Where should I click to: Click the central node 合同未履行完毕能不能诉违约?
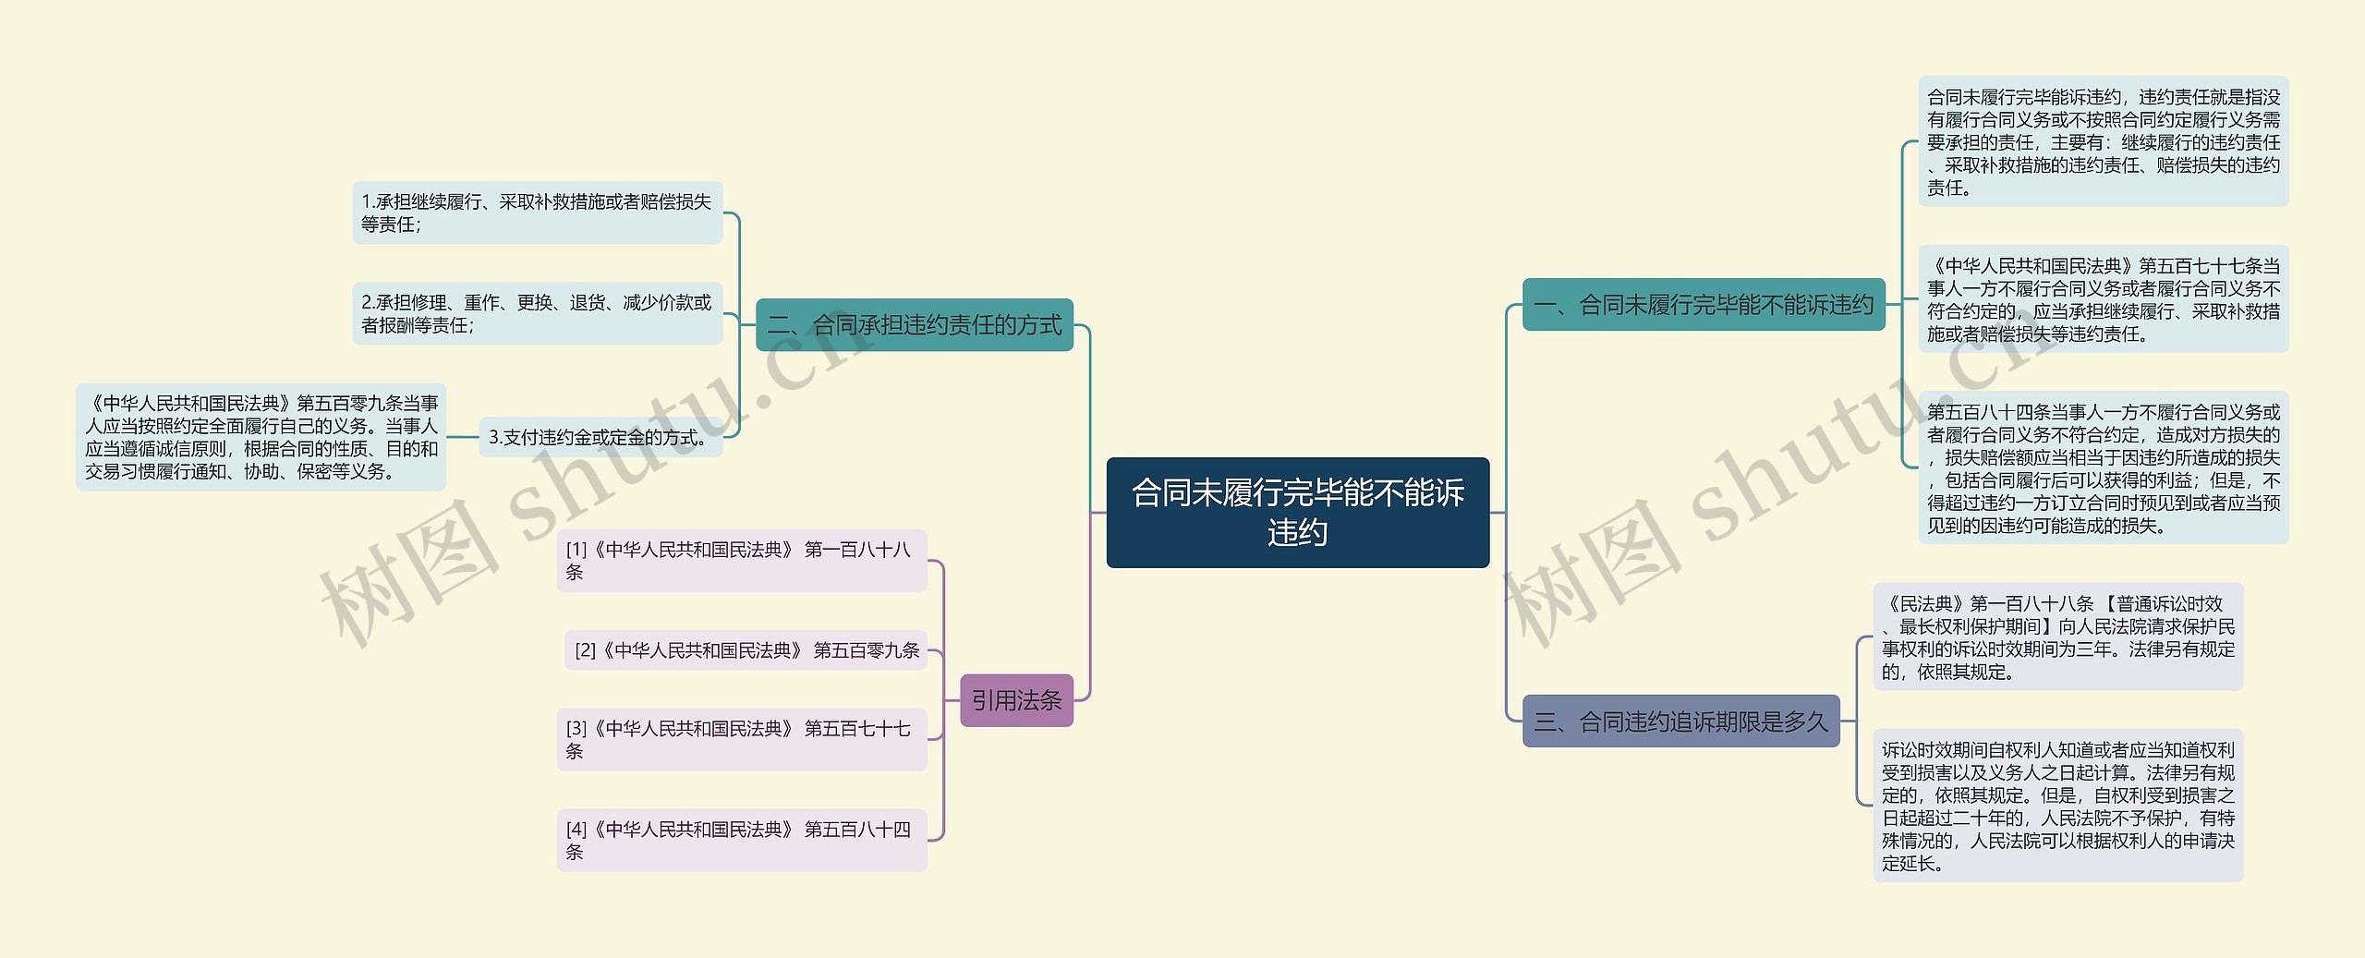pyautogui.click(x=1297, y=512)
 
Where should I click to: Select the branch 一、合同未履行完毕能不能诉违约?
pyautogui.click(x=1703, y=304)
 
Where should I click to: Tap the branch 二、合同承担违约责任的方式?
pyautogui.click(x=914, y=324)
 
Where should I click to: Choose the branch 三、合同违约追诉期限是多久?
pyautogui.click(x=1680, y=721)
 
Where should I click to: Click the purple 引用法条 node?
pyautogui.click(x=1015, y=700)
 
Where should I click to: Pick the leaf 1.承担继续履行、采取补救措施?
pyautogui.click(x=537, y=212)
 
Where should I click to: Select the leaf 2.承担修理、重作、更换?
pyautogui.click(x=537, y=313)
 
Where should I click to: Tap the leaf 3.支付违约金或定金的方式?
pyautogui.click(x=600, y=437)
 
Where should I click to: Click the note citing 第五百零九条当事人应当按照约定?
pyautogui.click(x=261, y=437)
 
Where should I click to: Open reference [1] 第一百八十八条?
pyautogui.click(x=741, y=561)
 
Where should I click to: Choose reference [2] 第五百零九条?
pyautogui.click(x=746, y=650)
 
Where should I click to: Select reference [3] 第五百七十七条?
pyautogui.click(x=741, y=740)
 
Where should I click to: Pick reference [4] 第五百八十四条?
pyautogui.click(x=741, y=840)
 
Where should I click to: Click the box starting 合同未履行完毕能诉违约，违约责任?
pyautogui.click(x=2103, y=141)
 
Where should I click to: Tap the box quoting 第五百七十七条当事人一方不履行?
pyautogui.click(x=2103, y=299)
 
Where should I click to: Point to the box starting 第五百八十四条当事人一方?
pyautogui.click(x=2103, y=468)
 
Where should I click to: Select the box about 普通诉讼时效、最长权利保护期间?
pyautogui.click(x=2057, y=637)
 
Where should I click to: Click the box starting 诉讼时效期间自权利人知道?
pyautogui.click(x=2057, y=806)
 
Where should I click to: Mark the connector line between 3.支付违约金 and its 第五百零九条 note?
pyautogui.click(x=462, y=437)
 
